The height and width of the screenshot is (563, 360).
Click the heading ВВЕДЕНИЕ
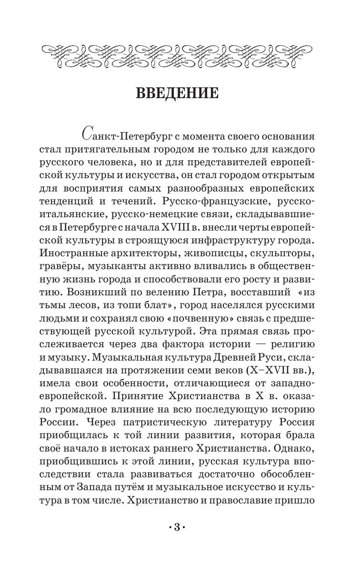click(x=177, y=92)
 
